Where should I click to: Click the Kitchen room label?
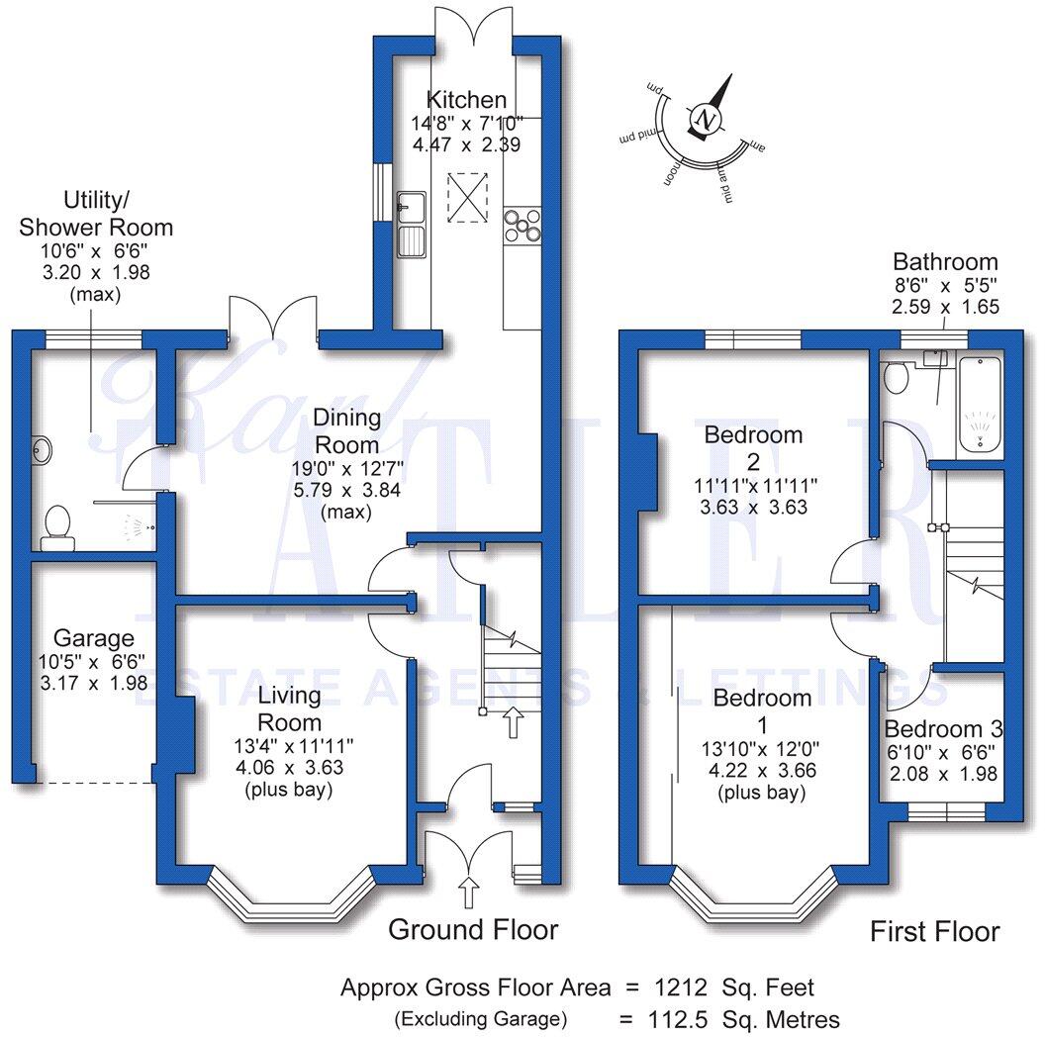click(x=466, y=100)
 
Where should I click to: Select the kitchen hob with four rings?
click(x=522, y=226)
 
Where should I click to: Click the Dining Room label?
click(x=351, y=431)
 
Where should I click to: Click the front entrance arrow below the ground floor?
click(x=469, y=894)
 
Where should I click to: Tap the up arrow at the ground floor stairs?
click(x=512, y=721)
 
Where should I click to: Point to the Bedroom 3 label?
click(x=943, y=729)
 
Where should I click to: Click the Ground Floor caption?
click(x=472, y=930)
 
